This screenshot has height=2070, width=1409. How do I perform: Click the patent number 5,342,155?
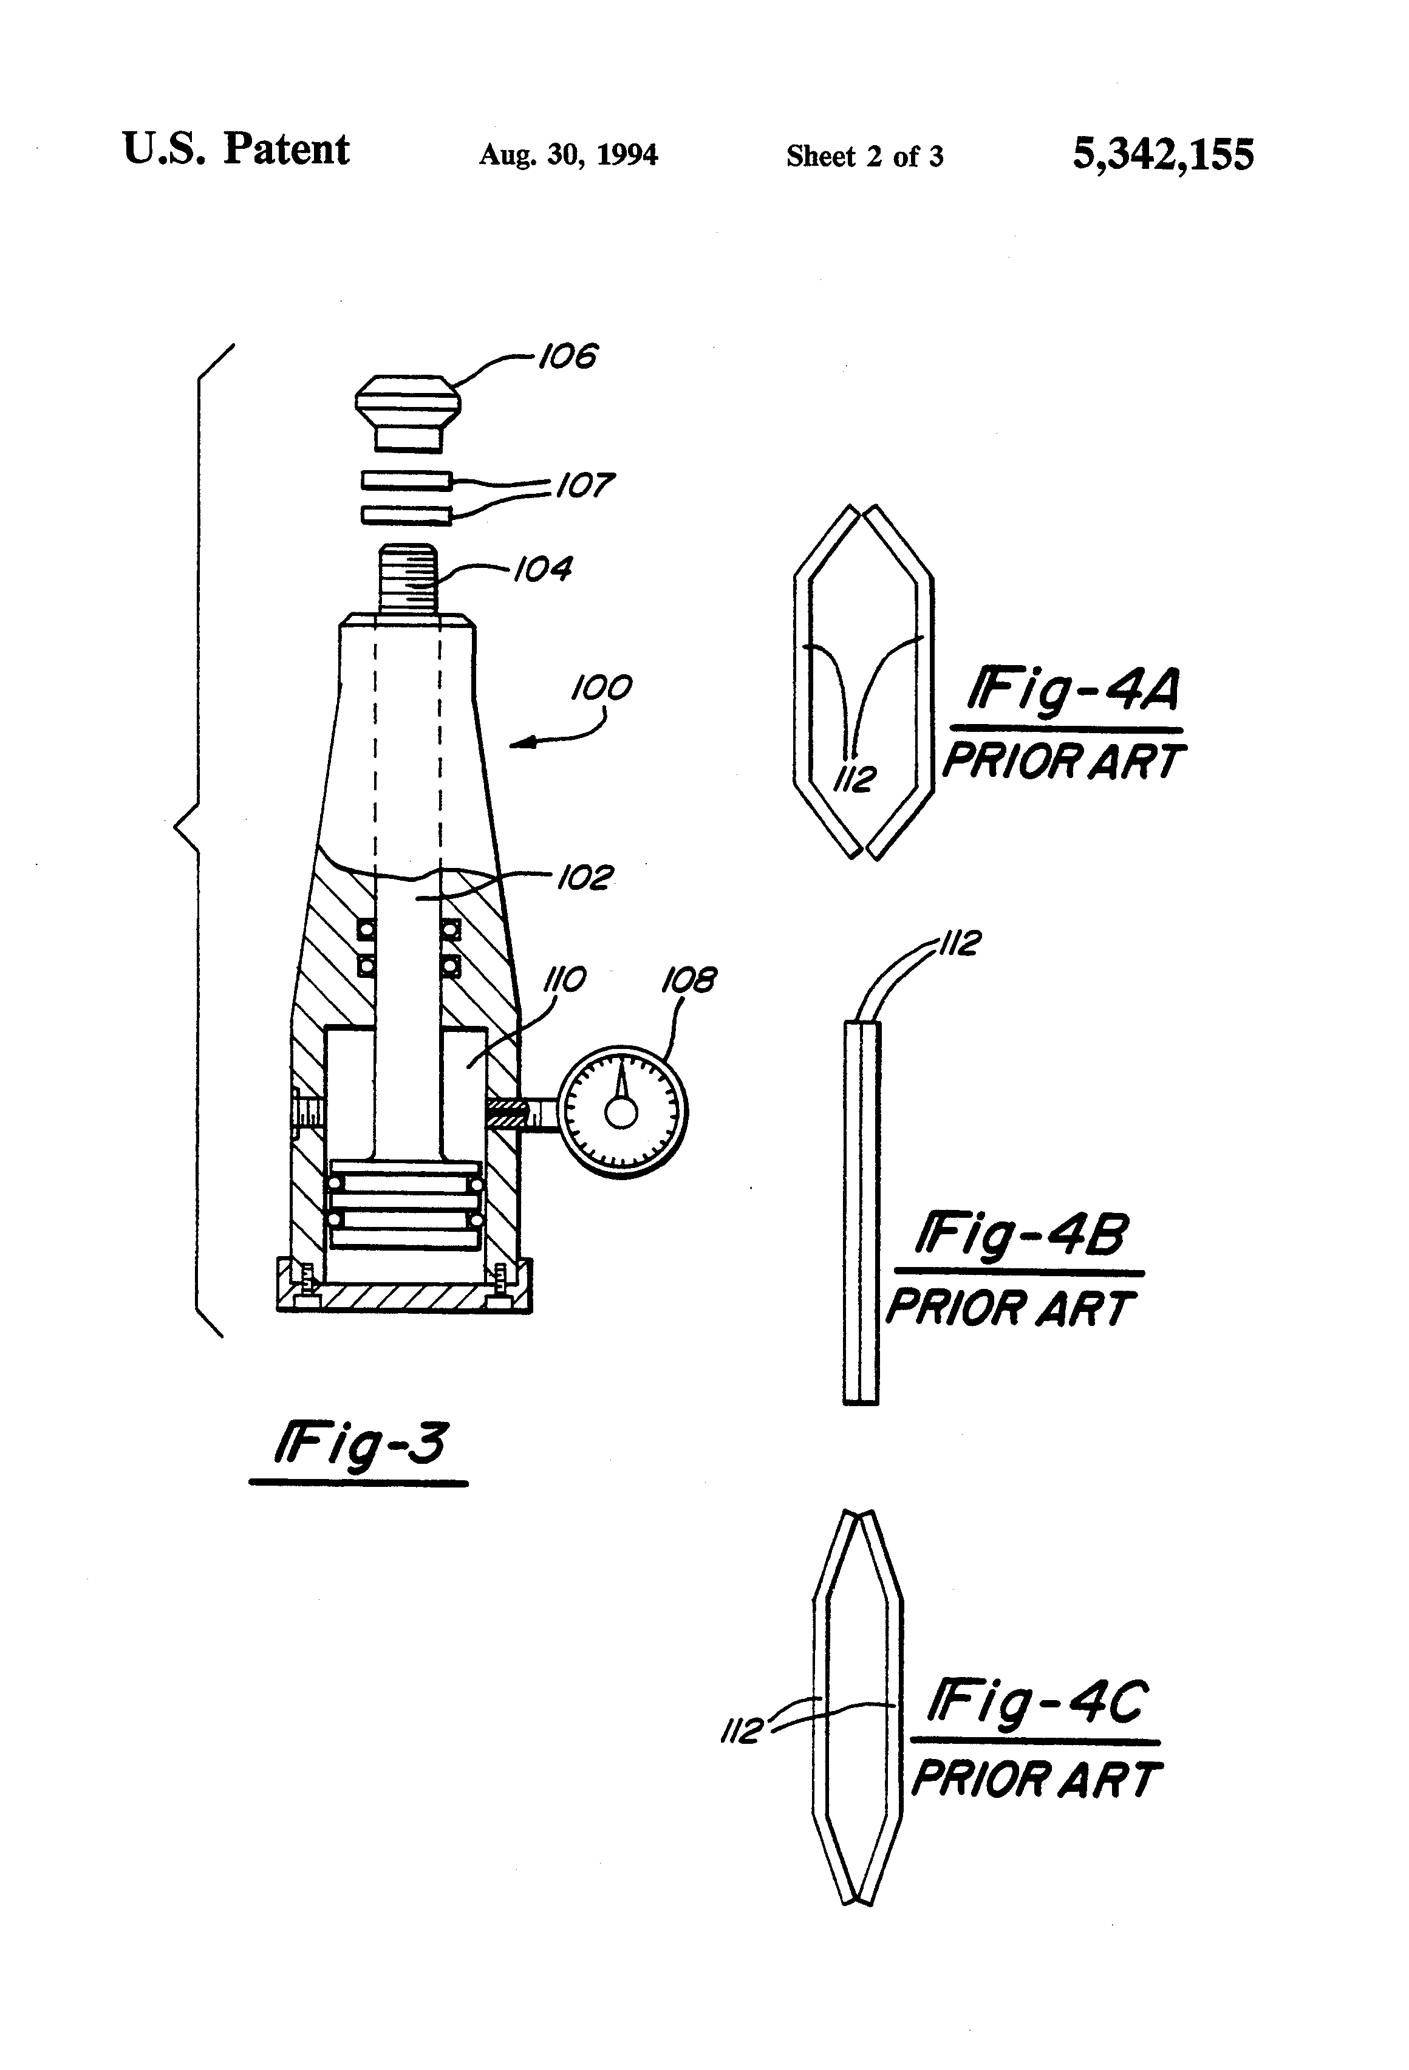point(1162,154)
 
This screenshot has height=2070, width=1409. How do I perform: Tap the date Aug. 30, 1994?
point(568,155)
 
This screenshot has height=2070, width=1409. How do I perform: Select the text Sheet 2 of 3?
point(864,157)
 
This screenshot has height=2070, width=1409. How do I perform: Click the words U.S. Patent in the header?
point(236,149)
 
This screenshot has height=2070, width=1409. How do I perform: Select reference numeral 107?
point(584,485)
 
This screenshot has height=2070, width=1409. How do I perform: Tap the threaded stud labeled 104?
point(408,577)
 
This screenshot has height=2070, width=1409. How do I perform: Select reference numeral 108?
point(689,981)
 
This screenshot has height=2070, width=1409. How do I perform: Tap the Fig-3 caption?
point(360,1444)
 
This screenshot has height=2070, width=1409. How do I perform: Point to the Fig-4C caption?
point(1037,1703)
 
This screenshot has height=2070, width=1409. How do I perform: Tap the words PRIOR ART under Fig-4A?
point(1063,762)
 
